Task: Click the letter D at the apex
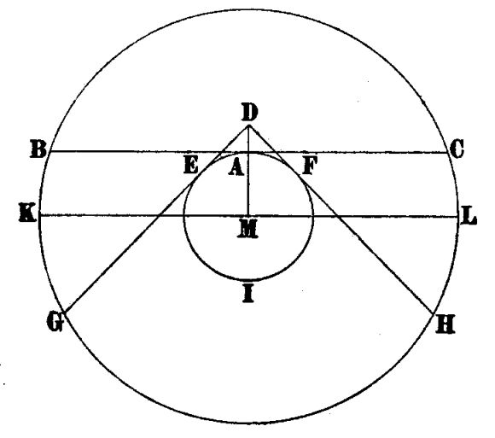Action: (x=249, y=113)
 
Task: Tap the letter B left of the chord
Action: (x=38, y=149)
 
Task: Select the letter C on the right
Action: (x=457, y=149)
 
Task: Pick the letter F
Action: (x=310, y=166)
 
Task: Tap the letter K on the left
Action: (x=28, y=213)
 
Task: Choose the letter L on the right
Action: (x=469, y=216)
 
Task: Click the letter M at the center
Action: (x=247, y=229)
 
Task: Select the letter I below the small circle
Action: (x=248, y=294)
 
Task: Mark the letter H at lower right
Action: (x=445, y=324)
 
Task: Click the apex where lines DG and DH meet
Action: (x=249, y=126)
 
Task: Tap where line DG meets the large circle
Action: (x=64, y=312)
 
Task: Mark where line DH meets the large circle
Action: (x=434, y=313)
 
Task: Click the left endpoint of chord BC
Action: (x=49, y=152)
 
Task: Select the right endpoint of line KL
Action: (x=458, y=217)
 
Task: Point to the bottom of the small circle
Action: (x=248, y=280)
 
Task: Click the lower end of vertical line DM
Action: (x=248, y=216)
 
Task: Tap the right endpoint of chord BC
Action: (x=448, y=153)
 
